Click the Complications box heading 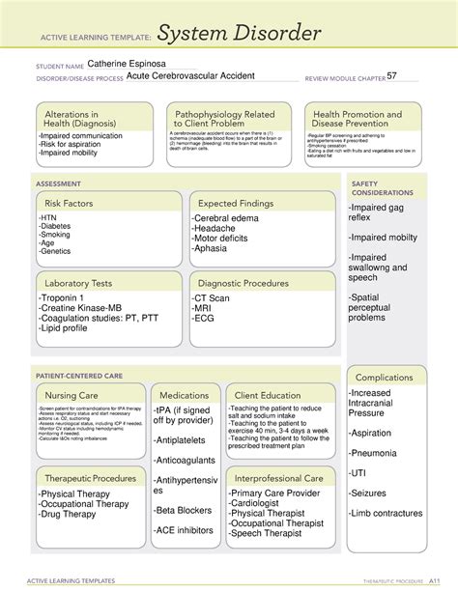386,377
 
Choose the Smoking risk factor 54,234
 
